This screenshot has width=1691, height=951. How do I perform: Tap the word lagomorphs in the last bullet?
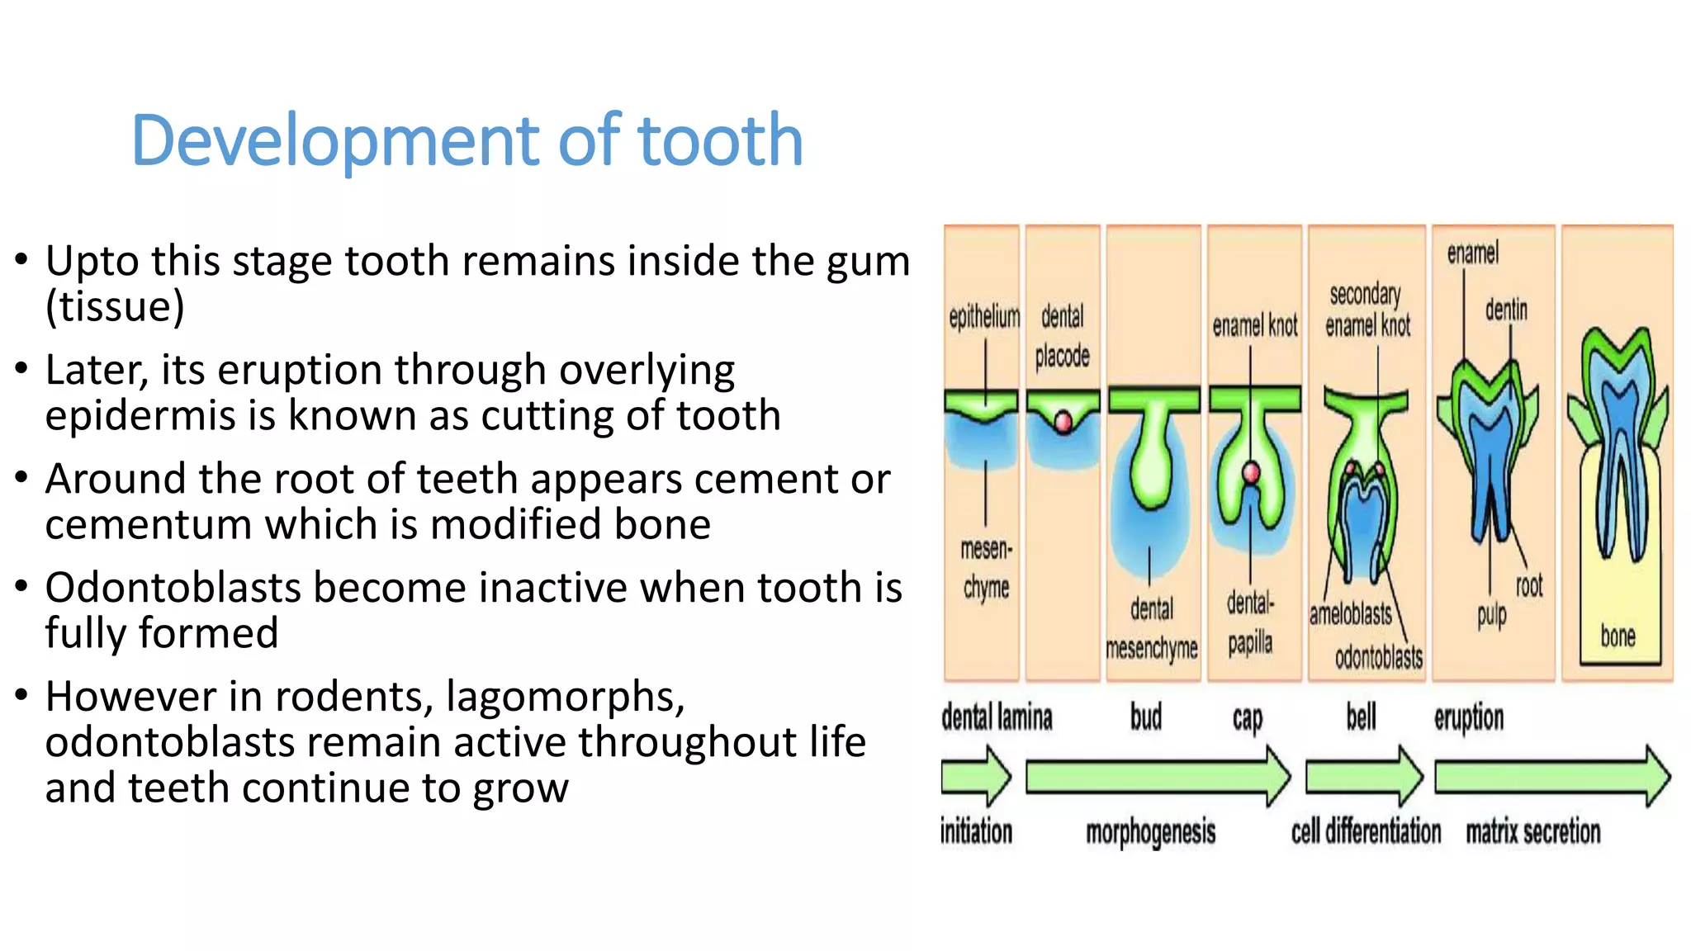tap(565, 698)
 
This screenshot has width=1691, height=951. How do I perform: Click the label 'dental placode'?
tap(1062, 336)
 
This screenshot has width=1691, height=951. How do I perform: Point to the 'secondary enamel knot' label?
tap(1367, 310)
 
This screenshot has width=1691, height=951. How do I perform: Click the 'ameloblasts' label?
tap(1350, 614)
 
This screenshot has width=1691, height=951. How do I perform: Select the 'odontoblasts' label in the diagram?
tap(1378, 657)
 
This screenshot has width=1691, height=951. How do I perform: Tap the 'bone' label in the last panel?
tap(1617, 636)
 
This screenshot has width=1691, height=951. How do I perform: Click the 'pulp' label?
tap(1491, 615)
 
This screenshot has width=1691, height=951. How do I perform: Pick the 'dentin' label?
tap(1505, 310)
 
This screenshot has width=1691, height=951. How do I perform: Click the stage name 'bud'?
tap(1146, 717)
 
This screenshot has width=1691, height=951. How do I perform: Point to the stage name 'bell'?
tap(1361, 717)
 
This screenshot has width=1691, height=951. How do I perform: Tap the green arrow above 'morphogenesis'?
tap(1156, 777)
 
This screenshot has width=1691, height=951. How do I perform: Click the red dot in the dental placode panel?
tap(1063, 423)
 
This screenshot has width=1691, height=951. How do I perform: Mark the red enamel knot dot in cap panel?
tap(1251, 473)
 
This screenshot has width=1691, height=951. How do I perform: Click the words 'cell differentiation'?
tap(1366, 831)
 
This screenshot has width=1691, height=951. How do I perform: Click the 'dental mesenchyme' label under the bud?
tap(1151, 629)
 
